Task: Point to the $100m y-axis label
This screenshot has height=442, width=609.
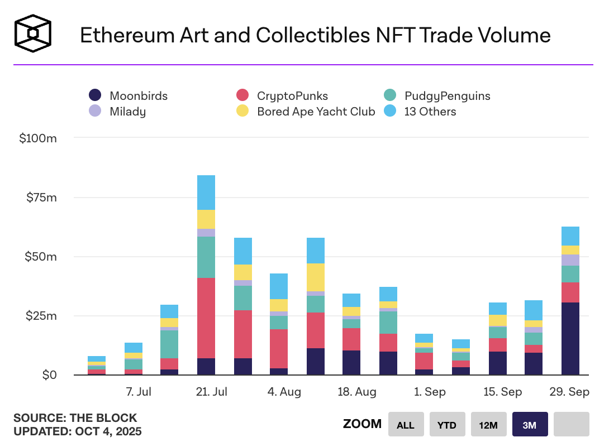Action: pyautogui.click(x=37, y=138)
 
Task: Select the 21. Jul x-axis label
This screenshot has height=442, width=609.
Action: pyautogui.click(x=211, y=392)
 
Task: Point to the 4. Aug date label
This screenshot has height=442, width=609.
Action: pyautogui.click(x=284, y=392)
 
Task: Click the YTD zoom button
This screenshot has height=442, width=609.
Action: pyautogui.click(x=446, y=425)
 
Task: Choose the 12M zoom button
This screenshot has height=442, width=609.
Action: pyautogui.click(x=488, y=425)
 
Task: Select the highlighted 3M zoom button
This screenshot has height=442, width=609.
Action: pyautogui.click(x=529, y=425)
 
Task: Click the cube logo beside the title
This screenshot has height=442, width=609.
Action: pyautogui.click(x=33, y=33)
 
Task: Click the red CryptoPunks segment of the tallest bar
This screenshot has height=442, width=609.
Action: pyautogui.click(x=206, y=318)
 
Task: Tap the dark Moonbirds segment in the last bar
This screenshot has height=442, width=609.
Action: pyautogui.click(x=570, y=338)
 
